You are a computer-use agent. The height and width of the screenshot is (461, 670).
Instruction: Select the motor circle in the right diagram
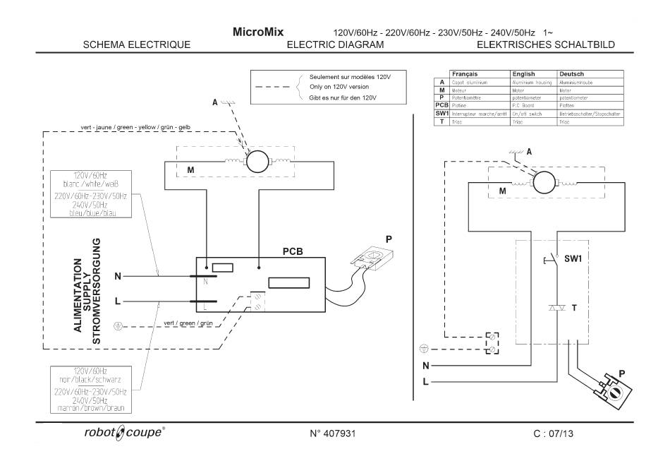544,183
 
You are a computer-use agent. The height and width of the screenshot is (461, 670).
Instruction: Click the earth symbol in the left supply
118,326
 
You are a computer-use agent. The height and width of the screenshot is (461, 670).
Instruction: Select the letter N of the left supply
118,276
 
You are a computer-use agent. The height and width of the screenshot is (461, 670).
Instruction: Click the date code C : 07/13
555,432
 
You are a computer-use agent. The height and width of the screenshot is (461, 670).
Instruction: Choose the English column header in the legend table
523,73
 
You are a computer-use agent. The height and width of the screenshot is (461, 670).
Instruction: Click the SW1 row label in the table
441,113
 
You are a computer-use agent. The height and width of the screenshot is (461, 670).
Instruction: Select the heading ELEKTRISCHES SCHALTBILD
545,45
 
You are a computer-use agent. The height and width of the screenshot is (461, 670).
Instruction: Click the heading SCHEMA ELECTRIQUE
137,45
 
